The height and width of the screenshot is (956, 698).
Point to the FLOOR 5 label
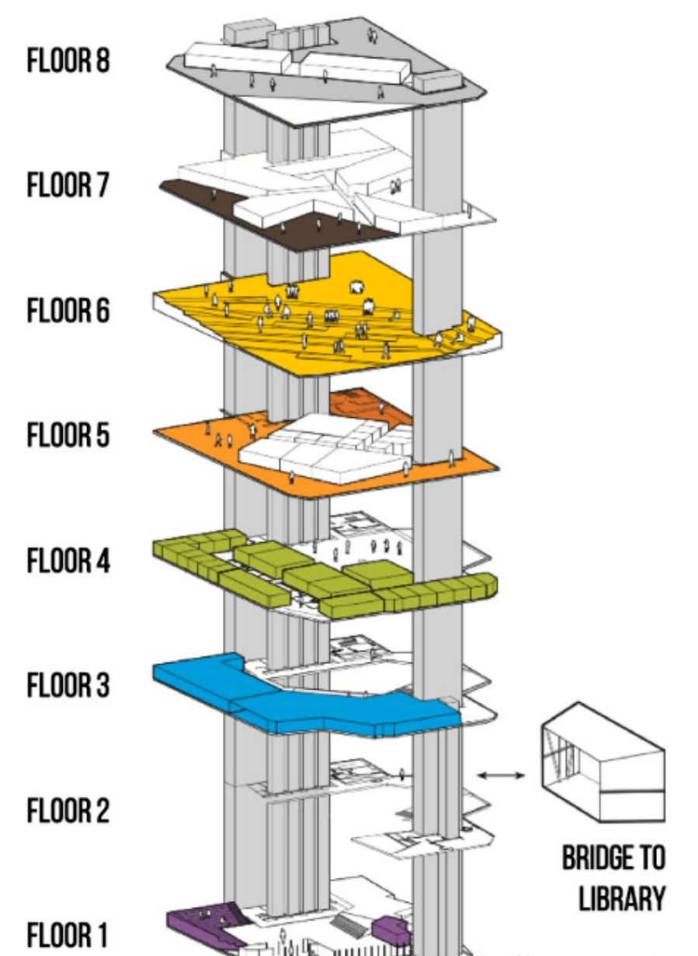(x=68, y=436)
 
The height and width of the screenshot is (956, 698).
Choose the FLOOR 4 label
(x=68, y=561)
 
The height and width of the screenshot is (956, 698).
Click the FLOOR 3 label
(x=68, y=687)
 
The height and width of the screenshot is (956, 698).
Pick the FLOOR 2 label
(x=68, y=812)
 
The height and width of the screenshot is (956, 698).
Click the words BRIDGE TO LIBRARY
(x=613, y=878)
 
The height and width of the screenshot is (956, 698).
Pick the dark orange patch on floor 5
(x=365, y=404)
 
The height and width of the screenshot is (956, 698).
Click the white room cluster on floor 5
(x=326, y=450)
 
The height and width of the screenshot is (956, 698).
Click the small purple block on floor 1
(x=391, y=928)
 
